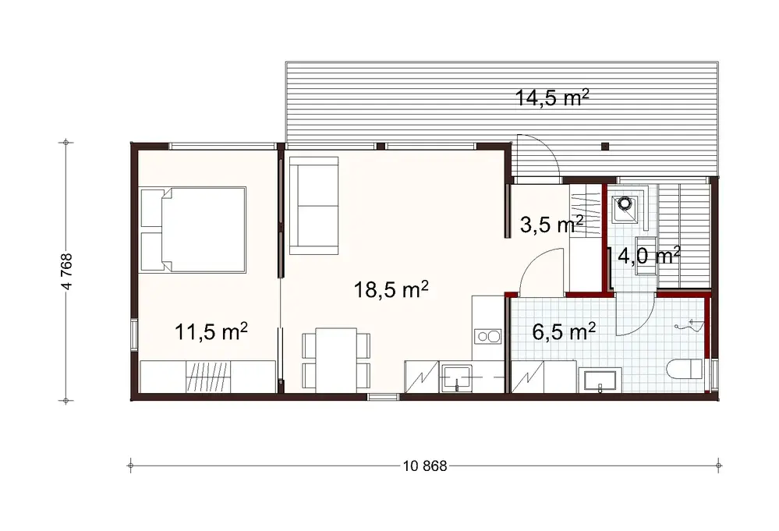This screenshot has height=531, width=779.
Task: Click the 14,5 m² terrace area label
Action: coord(551,98)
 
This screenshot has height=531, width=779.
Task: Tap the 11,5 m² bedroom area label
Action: coord(211,333)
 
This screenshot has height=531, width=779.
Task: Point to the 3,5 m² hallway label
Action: coord(551,226)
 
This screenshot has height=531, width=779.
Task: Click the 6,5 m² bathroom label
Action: coord(563,332)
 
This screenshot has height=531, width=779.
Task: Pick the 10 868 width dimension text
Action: coord(424,466)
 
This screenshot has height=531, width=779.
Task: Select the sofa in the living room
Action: coord(313,205)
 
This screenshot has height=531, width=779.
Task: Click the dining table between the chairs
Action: coord(336,359)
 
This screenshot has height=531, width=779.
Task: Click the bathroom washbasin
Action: coord(599,381)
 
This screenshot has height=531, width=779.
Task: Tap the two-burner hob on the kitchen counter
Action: coord(489,337)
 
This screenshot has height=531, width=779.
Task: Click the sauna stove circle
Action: coord(624,205)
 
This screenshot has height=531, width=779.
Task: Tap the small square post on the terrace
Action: coord(605,145)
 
